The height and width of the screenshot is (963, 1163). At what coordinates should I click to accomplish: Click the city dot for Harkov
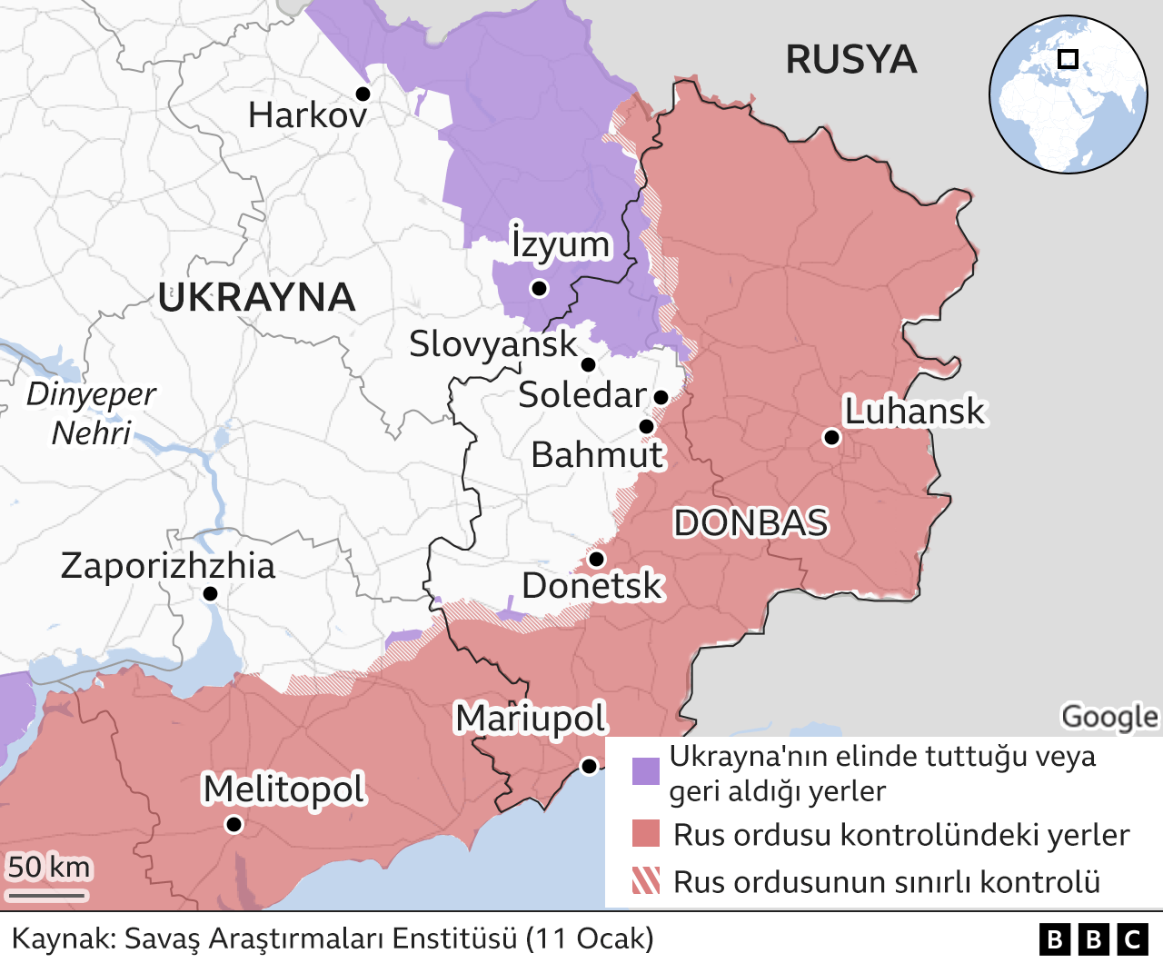(x=363, y=94)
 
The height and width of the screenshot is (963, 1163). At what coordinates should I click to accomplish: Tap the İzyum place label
(x=560, y=243)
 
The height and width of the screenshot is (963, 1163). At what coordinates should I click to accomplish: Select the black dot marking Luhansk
(x=830, y=438)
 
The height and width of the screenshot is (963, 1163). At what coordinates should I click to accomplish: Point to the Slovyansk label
(x=492, y=344)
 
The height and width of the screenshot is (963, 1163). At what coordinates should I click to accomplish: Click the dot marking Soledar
(x=661, y=397)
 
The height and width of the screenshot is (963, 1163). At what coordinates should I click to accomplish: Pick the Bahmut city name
(x=597, y=455)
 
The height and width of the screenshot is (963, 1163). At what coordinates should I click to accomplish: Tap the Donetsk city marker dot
(x=596, y=559)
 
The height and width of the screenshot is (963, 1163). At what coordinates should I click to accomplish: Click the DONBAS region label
(x=750, y=523)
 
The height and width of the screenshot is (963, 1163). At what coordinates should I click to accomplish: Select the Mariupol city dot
(x=589, y=766)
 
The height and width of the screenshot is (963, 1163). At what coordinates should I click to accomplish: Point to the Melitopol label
(x=283, y=789)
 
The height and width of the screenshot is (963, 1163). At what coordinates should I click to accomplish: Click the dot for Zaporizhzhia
(x=210, y=593)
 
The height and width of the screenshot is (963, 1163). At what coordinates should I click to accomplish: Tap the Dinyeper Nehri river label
(x=91, y=413)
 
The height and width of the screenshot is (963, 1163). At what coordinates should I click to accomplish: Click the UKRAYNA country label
(x=256, y=298)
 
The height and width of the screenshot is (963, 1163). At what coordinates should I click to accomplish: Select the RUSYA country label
(x=850, y=60)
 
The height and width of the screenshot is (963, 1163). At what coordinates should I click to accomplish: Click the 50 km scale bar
(x=47, y=895)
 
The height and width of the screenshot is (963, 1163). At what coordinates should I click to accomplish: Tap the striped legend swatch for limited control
(x=646, y=880)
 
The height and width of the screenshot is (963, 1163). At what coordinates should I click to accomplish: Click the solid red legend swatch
(x=646, y=833)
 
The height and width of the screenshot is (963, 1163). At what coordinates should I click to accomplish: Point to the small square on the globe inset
(x=1069, y=59)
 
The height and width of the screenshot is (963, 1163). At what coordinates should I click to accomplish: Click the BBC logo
(x=1093, y=938)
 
